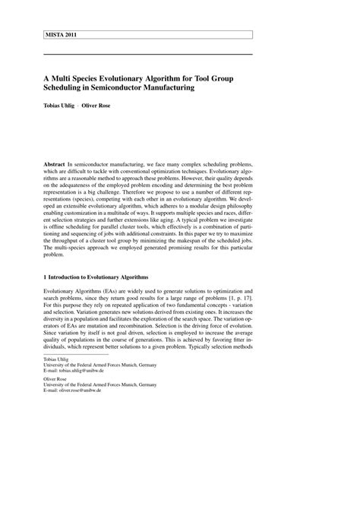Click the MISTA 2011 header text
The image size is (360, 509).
60,34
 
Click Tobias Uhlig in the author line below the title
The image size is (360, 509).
58,106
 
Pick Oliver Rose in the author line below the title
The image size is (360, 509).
97,106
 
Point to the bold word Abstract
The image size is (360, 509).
54,164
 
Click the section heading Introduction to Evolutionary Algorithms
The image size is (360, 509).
98,277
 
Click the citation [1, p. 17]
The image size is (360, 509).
298,299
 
